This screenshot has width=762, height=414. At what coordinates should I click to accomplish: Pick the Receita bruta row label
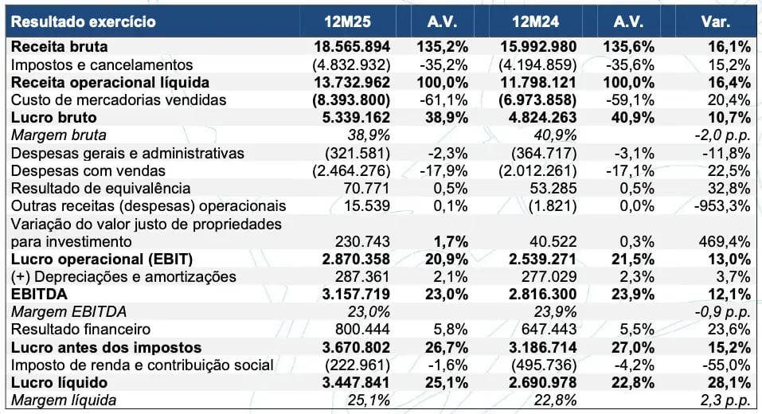point(60,47)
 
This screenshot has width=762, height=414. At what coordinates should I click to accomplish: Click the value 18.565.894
point(351,47)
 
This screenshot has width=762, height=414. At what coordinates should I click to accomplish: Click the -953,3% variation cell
point(724,205)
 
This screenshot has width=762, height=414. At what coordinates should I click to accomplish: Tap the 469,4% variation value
point(726,241)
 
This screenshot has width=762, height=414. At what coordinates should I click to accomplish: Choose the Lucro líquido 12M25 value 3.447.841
point(351,383)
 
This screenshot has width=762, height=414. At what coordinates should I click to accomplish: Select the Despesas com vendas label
point(88,170)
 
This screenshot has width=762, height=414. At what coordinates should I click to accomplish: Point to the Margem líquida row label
point(64,400)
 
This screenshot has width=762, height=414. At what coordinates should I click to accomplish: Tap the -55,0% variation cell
point(726,365)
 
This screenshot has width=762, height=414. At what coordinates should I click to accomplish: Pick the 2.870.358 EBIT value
point(351,260)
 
